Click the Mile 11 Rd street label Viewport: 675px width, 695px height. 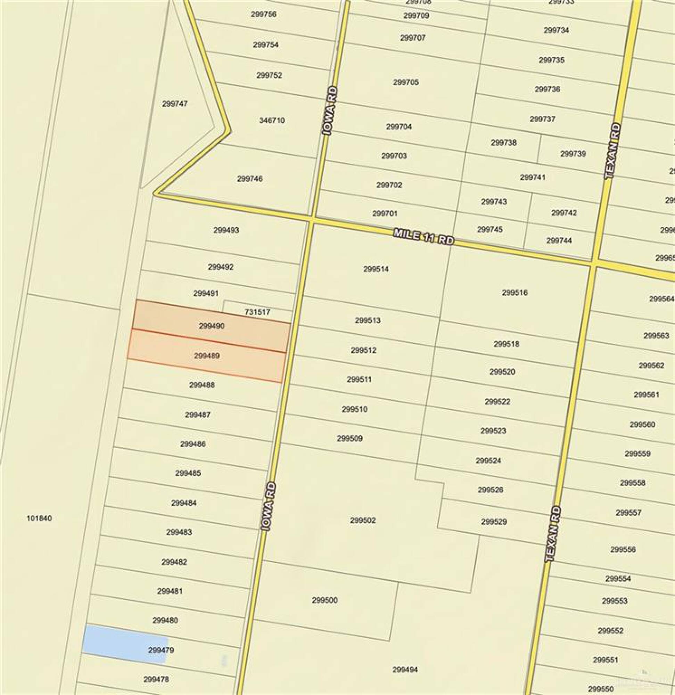pos(423,237)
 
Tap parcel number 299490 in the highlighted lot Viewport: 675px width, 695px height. pos(212,326)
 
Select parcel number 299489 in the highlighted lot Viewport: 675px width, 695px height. pos(207,355)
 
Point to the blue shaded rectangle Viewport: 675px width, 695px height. pos(124,644)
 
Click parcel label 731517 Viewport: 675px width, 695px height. pos(257,312)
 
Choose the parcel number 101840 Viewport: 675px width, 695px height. pos(39,518)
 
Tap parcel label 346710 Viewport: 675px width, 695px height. pos(272,121)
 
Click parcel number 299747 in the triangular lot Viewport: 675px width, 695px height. pos(175,104)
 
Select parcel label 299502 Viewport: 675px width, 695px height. pos(363,520)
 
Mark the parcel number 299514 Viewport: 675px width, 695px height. pos(376,269)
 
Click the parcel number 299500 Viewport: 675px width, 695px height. pos(325,600)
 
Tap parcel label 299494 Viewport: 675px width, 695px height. pos(405,670)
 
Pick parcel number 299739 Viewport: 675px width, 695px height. pos(573,154)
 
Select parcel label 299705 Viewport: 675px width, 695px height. pos(406,82)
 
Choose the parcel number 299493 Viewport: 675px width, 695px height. pos(226,230)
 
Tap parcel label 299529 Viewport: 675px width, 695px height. pos(494,522)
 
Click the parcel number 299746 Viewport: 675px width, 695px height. pos(250,179)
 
